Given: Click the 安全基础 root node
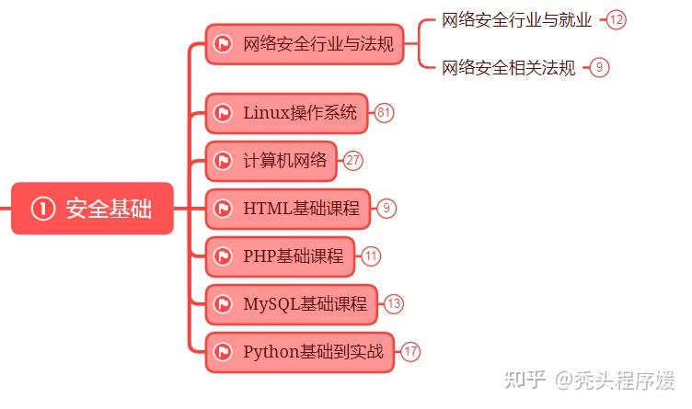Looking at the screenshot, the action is point(92,210).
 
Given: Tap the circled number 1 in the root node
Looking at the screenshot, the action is point(42,210).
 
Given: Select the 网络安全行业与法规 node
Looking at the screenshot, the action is point(305,44).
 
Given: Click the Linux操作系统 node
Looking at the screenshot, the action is point(286,113).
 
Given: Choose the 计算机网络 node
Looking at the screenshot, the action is point(271,161).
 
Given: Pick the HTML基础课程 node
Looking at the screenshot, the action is point(287,209).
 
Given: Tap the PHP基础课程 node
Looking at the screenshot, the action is point(280,256).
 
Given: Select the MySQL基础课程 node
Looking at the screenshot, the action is point(292,304).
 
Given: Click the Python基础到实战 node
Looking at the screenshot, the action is point(299,351).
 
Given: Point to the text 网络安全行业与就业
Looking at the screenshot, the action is point(517,19).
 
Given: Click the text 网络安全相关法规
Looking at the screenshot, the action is point(509,67).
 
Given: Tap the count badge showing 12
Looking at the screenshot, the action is point(616,19).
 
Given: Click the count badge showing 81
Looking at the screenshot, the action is point(384,113).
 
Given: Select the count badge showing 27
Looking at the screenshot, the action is point(353,161).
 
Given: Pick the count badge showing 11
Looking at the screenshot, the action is point(371,256).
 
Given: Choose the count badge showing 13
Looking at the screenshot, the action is point(394,304).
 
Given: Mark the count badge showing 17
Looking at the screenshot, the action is point(410,351).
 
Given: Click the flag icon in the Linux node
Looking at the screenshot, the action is point(222,113).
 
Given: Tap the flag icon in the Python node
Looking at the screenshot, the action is point(222,351).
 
